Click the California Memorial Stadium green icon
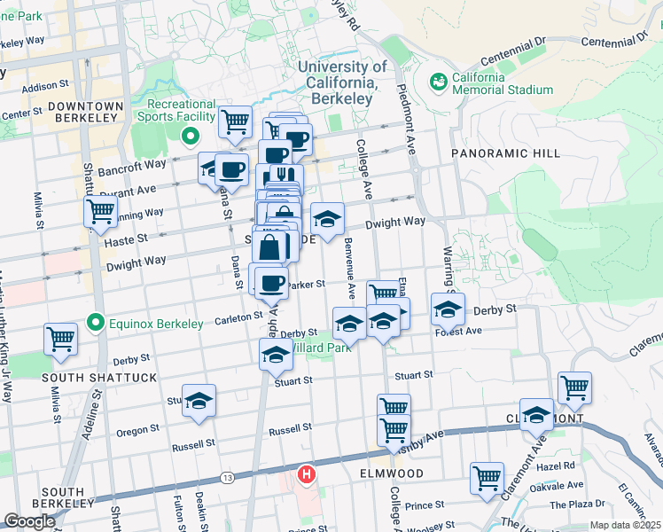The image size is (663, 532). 437,82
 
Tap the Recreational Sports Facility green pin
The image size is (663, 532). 188,137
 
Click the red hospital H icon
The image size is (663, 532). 307,475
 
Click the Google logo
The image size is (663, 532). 29,521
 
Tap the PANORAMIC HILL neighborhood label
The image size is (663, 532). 505,153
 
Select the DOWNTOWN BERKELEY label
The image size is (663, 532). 85,111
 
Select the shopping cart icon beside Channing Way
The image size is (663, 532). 101,211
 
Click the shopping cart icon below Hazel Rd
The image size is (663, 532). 487,477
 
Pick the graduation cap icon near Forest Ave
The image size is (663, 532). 448,309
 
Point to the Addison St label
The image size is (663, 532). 45,87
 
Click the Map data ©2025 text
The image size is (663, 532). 624,525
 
